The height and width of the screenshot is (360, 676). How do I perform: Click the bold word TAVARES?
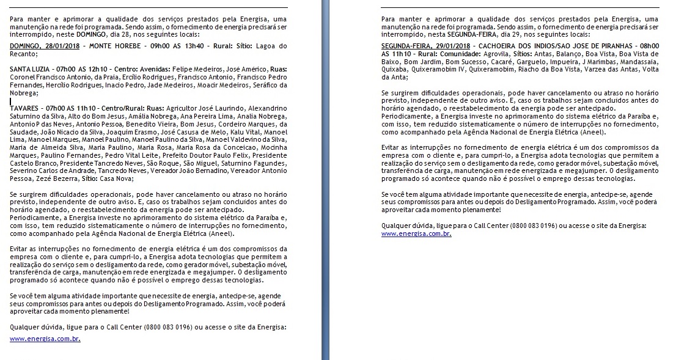26,108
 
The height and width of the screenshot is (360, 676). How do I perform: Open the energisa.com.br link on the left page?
45,338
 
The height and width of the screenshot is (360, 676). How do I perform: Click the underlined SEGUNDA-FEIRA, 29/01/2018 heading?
425,46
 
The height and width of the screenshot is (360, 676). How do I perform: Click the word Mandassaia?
633,62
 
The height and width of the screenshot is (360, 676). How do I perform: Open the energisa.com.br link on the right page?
416,233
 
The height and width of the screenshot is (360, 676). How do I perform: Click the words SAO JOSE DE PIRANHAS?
586,46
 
